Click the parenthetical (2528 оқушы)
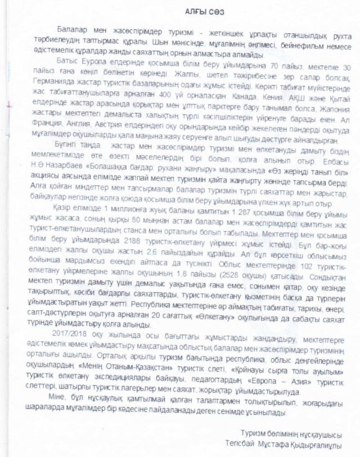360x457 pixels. (239, 276)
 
